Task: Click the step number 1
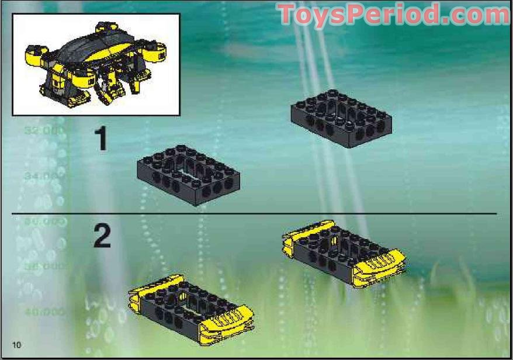(x=102, y=140)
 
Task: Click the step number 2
(x=102, y=237)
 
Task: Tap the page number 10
(x=16, y=344)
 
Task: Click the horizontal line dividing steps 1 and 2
(x=254, y=214)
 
